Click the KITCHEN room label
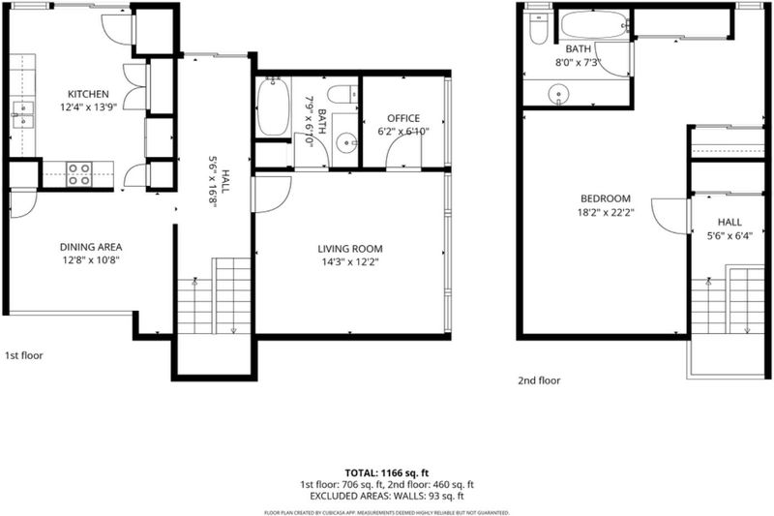tap(88, 94)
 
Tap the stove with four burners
tap(79, 174)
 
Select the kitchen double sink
tap(22, 114)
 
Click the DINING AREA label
tap(91, 247)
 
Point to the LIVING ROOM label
tap(350, 249)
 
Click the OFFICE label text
tap(403, 118)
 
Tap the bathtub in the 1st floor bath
tap(273, 106)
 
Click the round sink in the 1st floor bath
tap(347, 143)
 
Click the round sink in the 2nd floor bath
tap(559, 94)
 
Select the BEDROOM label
tap(606, 198)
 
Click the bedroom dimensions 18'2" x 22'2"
tap(606, 212)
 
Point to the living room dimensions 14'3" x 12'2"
tap(350, 262)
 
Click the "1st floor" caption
tap(23, 355)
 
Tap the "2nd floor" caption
tap(539, 380)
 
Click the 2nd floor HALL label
tap(729, 223)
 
